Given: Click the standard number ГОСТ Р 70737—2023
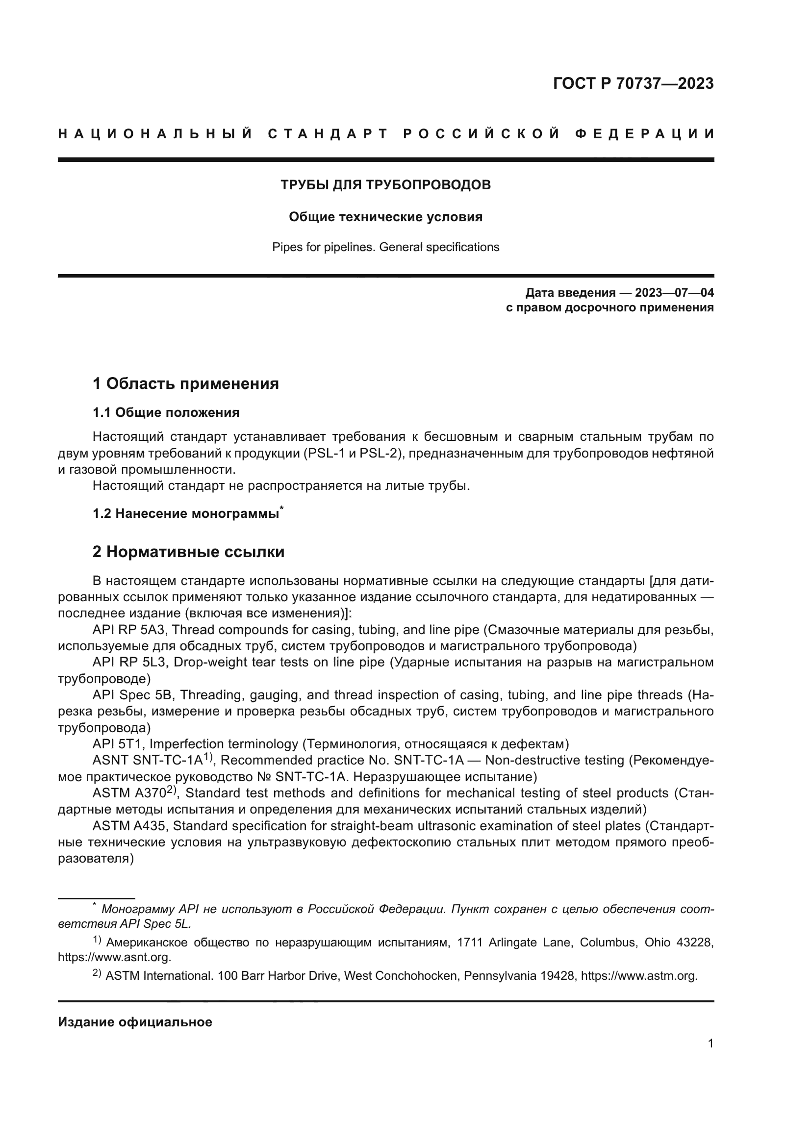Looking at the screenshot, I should click(633, 83).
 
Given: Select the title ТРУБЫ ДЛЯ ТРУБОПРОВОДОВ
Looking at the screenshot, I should click(385, 185).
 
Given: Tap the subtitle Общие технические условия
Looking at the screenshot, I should click(385, 217).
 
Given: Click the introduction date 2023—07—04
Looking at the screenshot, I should click(674, 292).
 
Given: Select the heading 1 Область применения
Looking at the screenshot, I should click(186, 383).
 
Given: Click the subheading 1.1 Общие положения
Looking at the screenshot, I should click(166, 412).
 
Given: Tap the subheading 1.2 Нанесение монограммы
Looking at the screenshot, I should click(186, 513).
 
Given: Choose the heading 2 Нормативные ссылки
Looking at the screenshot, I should click(189, 552).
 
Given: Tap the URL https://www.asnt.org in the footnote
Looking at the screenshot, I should click(114, 957).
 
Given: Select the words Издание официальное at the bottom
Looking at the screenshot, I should click(135, 1021).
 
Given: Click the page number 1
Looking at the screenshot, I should click(710, 1043).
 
